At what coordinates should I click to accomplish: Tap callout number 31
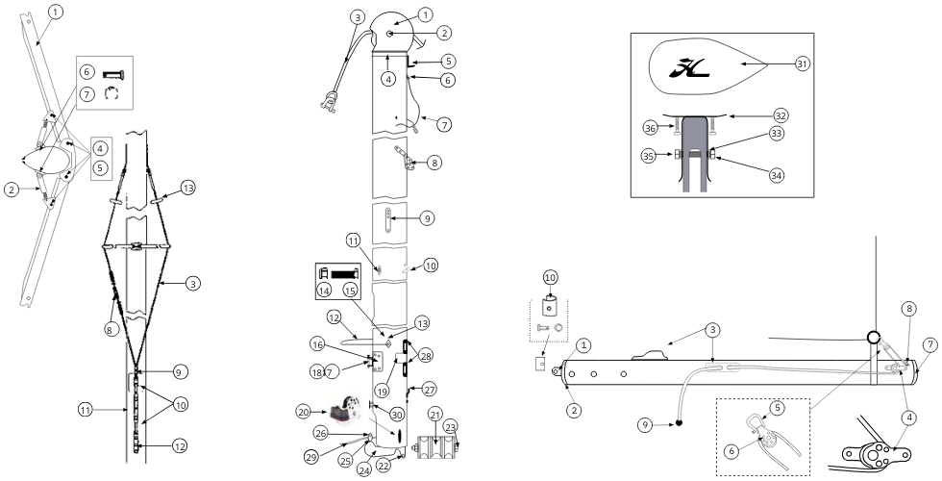coord(803,63)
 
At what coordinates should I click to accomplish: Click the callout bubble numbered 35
coord(648,156)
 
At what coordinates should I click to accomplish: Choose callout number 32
coord(781,114)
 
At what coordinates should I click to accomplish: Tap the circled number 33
coord(777,134)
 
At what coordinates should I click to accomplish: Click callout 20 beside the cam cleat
coord(304,412)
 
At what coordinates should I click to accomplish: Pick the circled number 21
coord(435,415)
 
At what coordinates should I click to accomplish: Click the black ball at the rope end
coord(679,422)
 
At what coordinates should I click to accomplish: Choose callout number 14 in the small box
coord(325,291)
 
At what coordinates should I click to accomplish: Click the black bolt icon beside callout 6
coord(114,74)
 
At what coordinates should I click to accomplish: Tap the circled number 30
coord(395,414)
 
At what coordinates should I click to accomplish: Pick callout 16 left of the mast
coord(318,344)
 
